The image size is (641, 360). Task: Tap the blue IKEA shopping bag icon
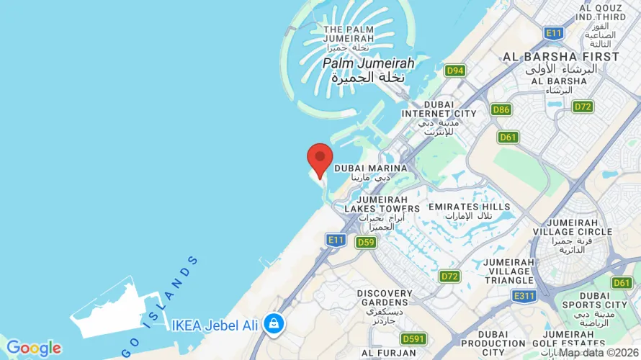coord(274,323)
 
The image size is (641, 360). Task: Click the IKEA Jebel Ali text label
coord(215,325)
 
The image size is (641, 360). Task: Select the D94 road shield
coord(454,71)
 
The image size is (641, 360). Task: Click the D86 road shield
coord(501,109)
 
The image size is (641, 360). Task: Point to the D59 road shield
coord(366,242)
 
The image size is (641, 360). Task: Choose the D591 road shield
coord(413,338)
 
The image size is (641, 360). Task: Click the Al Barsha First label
coord(561,57)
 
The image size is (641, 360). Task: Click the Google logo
coord(33,348)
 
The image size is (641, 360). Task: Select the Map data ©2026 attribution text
coord(600,352)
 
